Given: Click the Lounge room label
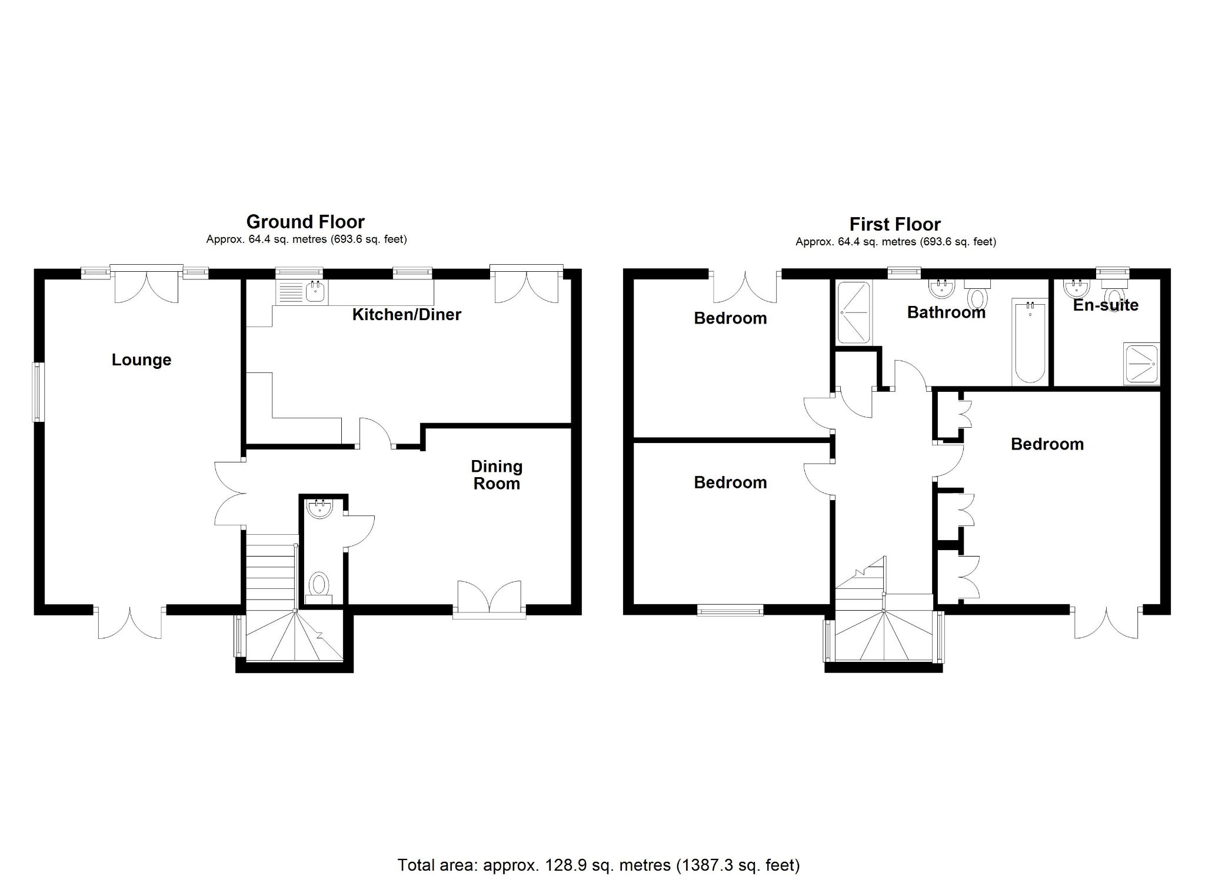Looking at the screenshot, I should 141,359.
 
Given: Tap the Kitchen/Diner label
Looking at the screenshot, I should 407,314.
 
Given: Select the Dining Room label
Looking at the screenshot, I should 497,475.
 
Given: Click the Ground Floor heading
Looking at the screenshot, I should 305,222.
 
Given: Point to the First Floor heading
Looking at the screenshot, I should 895,224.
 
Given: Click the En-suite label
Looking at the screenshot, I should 1106,305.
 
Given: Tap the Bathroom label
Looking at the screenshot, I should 946,312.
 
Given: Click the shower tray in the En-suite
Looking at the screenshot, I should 1141,364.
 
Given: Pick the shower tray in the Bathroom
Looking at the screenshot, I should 853,312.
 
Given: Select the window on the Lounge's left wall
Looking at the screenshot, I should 38,392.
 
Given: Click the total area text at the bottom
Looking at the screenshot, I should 598,865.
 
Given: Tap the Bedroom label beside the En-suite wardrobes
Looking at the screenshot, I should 1047,444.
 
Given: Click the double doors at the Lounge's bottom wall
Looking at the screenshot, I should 129,624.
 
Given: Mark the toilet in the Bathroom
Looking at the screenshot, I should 977,295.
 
